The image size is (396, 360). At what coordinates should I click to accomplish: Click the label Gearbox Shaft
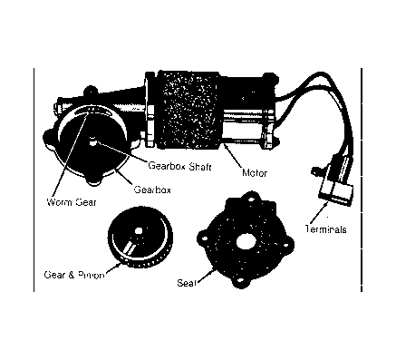pos(179,166)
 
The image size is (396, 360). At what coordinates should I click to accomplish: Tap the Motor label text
pos(255,173)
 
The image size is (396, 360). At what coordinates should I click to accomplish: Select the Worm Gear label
pos(72,201)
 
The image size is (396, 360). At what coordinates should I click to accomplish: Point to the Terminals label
pos(325,229)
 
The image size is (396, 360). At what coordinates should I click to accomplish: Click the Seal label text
pos(187,283)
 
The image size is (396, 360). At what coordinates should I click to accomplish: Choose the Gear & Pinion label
pos(74,275)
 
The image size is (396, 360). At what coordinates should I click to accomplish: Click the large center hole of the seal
pos(246,241)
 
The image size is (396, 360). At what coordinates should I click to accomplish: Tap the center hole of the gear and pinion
pos(139,231)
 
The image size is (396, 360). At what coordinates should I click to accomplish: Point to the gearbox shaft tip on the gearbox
pos(93,141)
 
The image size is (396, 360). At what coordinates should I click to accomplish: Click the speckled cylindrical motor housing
pos(188,110)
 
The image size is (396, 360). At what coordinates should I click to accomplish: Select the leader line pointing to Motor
pos(233,156)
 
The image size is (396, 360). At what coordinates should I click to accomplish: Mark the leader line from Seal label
pos(205,275)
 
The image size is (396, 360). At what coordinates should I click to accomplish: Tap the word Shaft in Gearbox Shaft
pos(199,166)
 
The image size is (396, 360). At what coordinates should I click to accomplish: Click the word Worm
pos(59,201)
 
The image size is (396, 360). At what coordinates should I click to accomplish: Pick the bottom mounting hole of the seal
pos(240,281)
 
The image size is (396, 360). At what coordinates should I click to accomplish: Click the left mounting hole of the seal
pos(204,238)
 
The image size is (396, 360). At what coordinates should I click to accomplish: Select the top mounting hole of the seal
pos(251,199)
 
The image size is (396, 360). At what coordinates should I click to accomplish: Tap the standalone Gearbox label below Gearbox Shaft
pos(152,190)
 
